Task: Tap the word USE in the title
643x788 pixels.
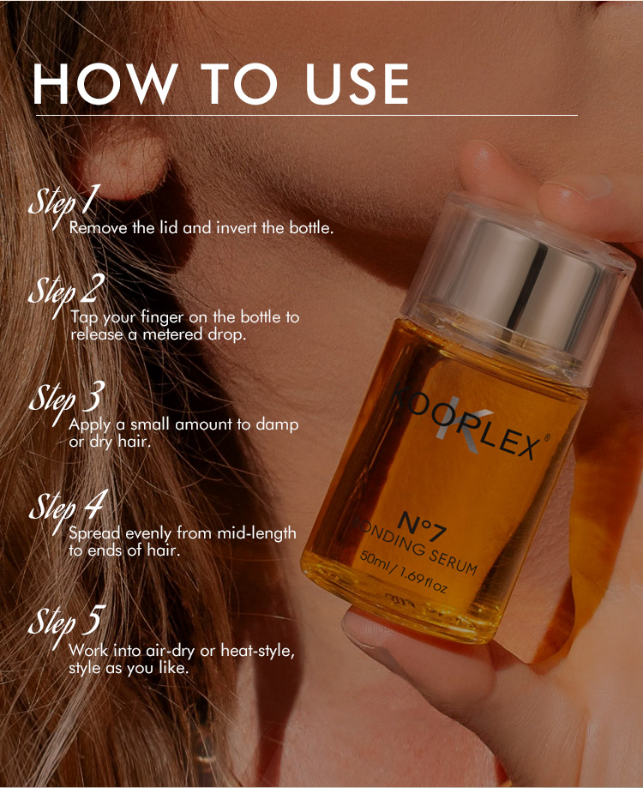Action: point(357,84)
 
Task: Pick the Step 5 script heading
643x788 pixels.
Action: point(67,625)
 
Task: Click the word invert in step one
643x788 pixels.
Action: point(236,228)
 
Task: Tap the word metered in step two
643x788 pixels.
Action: point(173,334)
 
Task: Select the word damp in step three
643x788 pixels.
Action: point(277,425)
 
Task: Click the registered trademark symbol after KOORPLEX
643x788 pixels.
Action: point(547,437)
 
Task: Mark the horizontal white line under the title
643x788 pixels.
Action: point(307,116)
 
